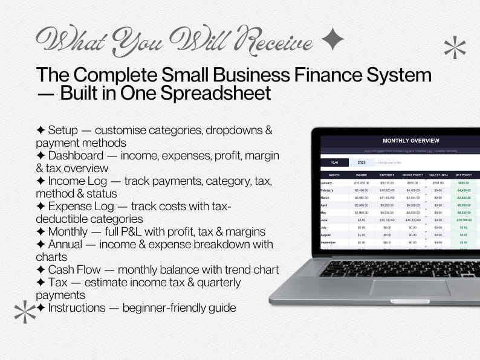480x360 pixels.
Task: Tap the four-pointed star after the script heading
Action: [x=332, y=40]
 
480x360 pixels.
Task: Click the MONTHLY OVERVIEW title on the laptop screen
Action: [x=410, y=141]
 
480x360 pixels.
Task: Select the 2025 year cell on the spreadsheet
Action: [x=362, y=162]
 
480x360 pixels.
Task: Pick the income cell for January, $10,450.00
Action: [x=362, y=182]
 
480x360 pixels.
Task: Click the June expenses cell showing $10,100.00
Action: [x=387, y=220]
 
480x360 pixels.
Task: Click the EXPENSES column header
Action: [x=387, y=174]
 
